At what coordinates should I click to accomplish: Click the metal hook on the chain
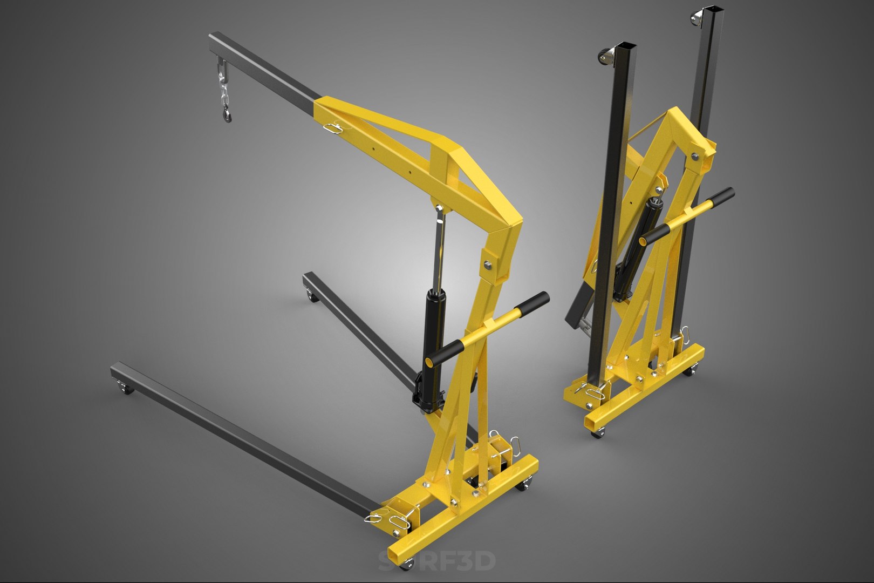pos(224,114)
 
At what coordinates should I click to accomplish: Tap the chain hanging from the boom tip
pos(222,86)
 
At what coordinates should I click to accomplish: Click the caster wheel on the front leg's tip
pos(126,388)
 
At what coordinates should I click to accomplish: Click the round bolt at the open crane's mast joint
pos(488,263)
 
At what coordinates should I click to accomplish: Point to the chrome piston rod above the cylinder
pos(439,248)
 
